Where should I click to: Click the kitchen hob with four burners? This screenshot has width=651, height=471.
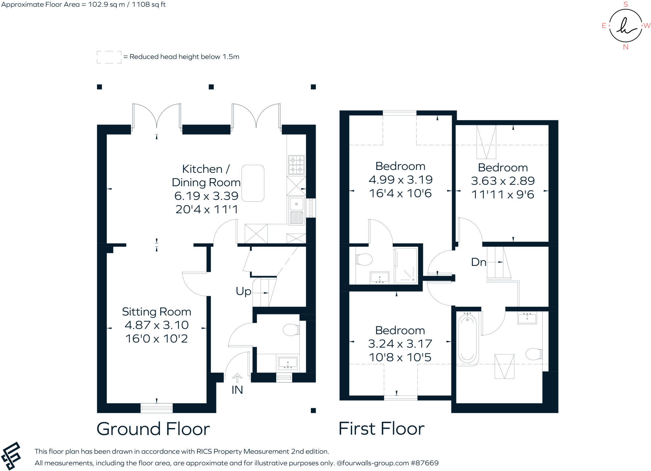[296, 165]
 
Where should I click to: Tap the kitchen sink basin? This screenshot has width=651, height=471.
[296, 204]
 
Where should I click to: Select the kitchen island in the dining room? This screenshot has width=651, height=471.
[253, 183]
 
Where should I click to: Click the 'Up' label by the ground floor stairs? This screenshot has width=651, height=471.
[243, 291]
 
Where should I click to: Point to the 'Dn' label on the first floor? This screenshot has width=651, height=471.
[478, 262]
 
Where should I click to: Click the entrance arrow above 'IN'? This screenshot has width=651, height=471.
[237, 378]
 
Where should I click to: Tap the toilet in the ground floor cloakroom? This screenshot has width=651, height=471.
[291, 330]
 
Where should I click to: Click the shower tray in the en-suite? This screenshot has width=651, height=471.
[406, 266]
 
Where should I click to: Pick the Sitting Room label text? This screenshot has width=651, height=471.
[156, 312]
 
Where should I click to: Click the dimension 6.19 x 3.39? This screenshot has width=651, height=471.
[206, 196]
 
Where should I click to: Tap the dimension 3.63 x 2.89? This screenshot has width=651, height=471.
[503, 181]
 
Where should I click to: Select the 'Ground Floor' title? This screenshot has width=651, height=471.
[153, 429]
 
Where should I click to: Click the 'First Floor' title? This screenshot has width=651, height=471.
[381, 428]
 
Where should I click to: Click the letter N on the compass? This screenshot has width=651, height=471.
[626, 47]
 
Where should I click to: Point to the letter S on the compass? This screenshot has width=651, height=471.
[626, 4]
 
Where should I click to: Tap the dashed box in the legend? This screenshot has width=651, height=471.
[109, 57]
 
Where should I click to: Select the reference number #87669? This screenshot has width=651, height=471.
[425, 463]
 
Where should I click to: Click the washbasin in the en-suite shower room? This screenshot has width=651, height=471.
[380, 277]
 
